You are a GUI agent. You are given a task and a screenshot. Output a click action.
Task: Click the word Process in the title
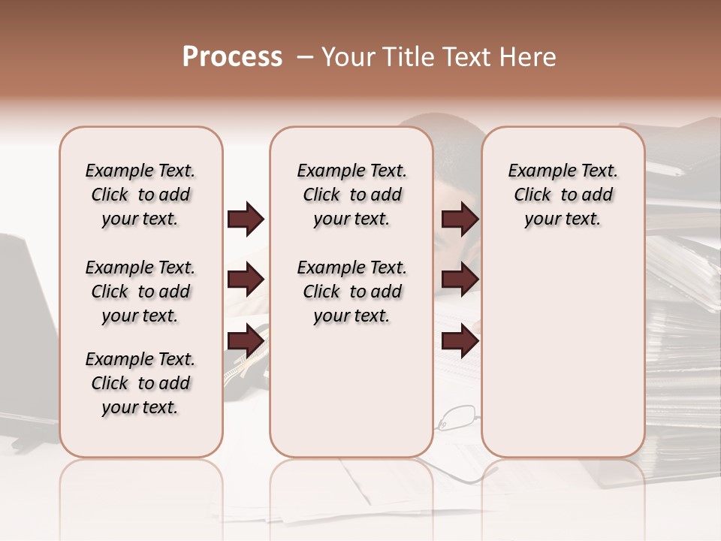[x=232, y=57]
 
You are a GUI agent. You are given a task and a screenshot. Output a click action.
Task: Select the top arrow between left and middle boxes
[x=245, y=219]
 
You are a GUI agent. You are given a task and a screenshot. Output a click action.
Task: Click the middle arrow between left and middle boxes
[x=245, y=280]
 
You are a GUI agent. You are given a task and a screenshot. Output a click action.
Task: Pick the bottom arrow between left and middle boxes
[x=245, y=341]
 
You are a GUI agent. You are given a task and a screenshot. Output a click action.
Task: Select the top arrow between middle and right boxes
[x=460, y=219]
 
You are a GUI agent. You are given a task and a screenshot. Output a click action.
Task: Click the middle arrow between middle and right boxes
[x=460, y=280]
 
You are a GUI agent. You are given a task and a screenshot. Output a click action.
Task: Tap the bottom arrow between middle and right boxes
[x=460, y=341]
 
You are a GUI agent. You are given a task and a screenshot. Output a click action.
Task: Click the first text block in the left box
[x=140, y=195]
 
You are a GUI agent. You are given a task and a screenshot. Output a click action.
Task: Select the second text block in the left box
[x=140, y=292]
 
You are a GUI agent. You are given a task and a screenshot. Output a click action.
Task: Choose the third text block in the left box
[x=140, y=383]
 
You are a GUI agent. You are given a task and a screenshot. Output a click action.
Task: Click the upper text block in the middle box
[x=352, y=195]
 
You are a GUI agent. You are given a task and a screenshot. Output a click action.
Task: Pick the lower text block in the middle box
[x=352, y=292]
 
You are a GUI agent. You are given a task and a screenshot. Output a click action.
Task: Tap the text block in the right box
[x=563, y=195]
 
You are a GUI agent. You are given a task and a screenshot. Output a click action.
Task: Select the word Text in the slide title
[x=468, y=57]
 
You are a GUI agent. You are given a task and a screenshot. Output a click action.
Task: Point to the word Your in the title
[x=348, y=57]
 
